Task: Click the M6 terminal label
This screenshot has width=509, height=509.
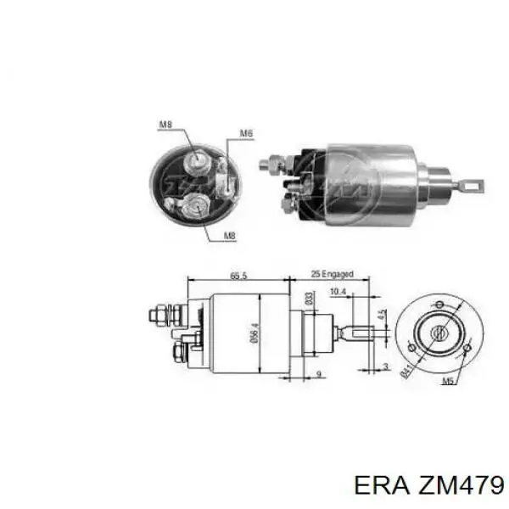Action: pyautogui.click(x=246, y=133)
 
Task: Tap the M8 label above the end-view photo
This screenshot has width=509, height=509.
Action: pyautogui.click(x=165, y=126)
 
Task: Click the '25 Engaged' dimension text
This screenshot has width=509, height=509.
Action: pyautogui.click(x=333, y=275)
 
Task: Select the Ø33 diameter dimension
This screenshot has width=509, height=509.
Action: pyautogui.click(x=310, y=298)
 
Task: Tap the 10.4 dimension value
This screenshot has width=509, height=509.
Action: pyautogui.click(x=338, y=292)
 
